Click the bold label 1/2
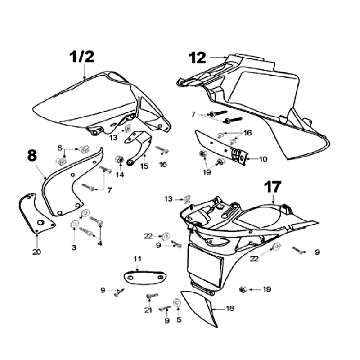(82, 57)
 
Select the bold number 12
(198, 58)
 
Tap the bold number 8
(32, 156)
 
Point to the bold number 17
(273, 187)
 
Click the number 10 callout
(263, 159)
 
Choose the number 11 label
(138, 259)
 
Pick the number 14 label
(120, 174)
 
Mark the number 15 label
(144, 166)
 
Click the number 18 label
(230, 309)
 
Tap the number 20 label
(37, 252)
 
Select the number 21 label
(148, 310)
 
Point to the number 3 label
(74, 248)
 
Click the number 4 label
(100, 243)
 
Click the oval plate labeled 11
(145, 278)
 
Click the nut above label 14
(119, 160)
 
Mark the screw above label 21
(152, 296)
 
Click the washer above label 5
(177, 302)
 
